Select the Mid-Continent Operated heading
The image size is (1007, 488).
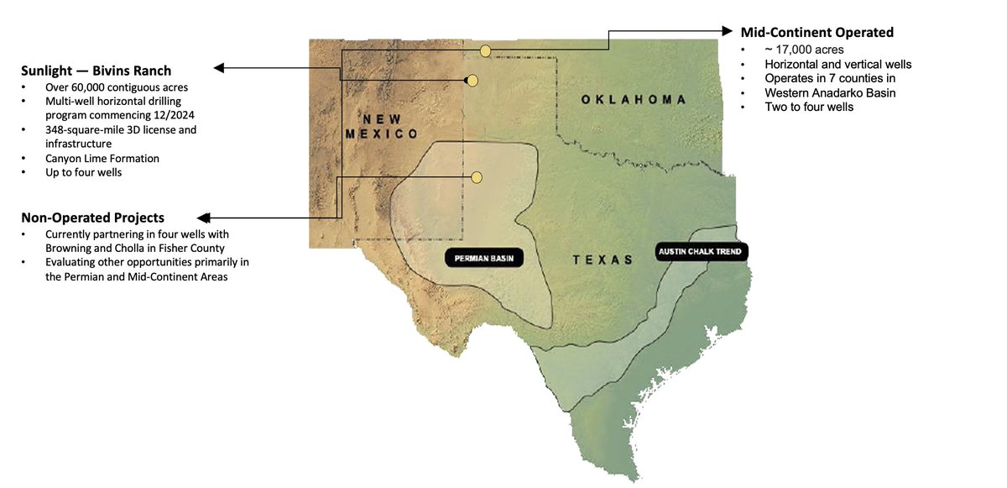[817, 33]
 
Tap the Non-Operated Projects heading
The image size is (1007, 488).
[92, 216]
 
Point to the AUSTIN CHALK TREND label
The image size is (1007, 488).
[701, 251]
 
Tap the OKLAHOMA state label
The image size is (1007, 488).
[634, 100]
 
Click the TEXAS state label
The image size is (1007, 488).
[603, 260]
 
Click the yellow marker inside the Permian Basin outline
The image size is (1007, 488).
[477, 177]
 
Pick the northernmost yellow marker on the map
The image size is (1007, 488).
[485, 52]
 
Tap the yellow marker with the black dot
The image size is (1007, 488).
[472, 81]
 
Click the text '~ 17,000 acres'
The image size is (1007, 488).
[803, 50]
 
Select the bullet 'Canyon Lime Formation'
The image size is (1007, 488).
[102, 158]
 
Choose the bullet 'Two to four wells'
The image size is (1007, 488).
[809, 107]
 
